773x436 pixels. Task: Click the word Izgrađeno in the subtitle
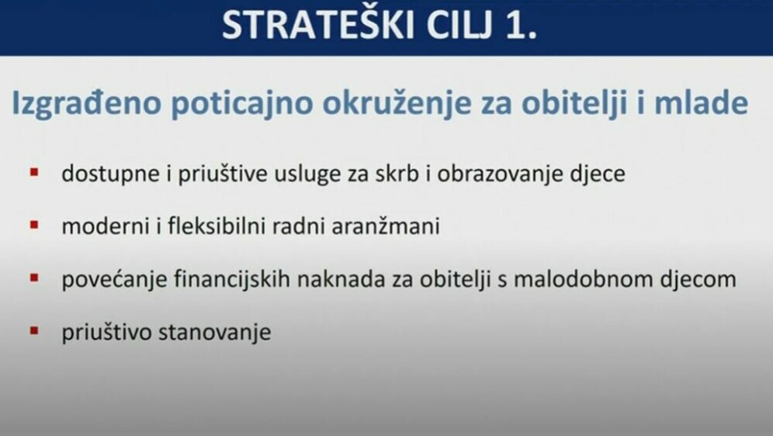[x=85, y=105]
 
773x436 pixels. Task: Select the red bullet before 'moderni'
[x=34, y=225]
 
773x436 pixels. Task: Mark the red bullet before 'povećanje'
[x=34, y=277]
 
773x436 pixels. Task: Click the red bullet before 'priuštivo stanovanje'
[x=34, y=330]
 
